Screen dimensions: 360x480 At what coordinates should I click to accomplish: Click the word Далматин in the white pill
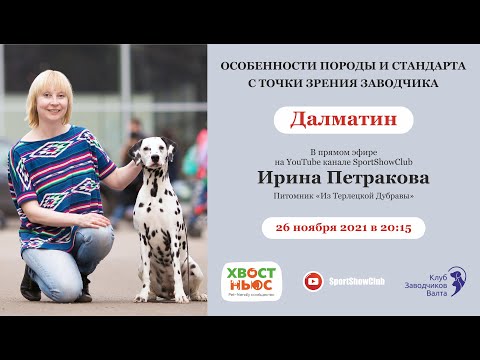pos(343,118)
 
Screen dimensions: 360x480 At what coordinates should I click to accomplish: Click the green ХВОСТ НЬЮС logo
pos(251,281)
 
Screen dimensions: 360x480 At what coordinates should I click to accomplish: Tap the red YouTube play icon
pos(313,282)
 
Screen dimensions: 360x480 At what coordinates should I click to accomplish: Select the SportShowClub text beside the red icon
pos(356,283)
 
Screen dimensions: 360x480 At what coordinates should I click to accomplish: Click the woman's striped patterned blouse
pos(60,170)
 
